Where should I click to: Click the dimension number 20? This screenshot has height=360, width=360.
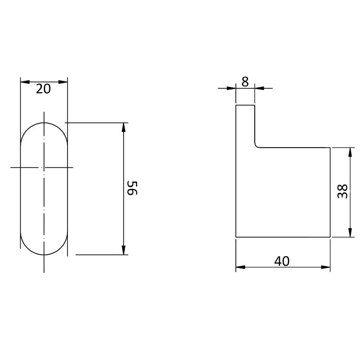(x=43, y=89)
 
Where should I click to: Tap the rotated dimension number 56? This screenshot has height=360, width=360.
(x=132, y=188)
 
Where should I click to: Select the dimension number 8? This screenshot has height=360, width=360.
(x=245, y=82)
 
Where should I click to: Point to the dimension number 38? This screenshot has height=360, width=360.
(x=342, y=191)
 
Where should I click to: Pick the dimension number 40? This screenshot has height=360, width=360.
(x=282, y=261)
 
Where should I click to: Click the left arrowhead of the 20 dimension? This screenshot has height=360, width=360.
(x=25, y=82)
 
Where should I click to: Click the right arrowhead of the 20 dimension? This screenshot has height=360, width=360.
(x=63, y=82)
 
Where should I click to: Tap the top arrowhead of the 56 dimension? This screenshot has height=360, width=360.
(x=123, y=127)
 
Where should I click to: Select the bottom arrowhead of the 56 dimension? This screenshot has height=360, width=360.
(x=123, y=250)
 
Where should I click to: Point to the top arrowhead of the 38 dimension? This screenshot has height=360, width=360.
(x=350, y=152)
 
